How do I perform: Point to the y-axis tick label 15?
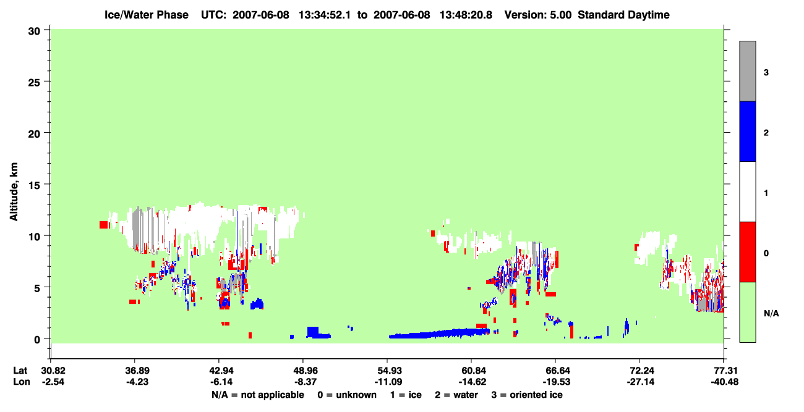34,185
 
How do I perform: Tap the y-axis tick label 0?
37,339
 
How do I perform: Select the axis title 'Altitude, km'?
14,192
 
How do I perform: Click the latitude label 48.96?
304,371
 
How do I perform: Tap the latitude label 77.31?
724,371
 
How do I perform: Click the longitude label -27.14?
640,382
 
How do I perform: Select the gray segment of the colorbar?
748,71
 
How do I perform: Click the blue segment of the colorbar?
748,131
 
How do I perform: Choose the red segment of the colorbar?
748,252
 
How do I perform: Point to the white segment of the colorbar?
748,192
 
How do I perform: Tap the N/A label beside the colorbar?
771,314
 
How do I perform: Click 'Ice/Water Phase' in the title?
147,15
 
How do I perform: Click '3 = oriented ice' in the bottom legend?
527,395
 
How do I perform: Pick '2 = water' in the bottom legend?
456,395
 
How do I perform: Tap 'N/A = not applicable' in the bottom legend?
258,395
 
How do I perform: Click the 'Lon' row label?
22,382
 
